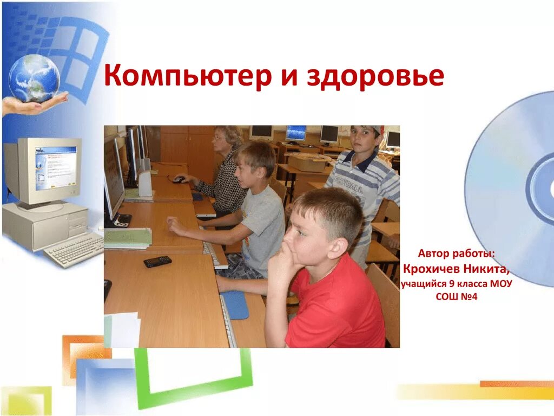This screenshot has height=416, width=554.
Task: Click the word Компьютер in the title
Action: [x=187, y=76]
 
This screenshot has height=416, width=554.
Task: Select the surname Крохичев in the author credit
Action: [x=431, y=269]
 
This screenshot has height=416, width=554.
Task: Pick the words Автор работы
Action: [x=456, y=253]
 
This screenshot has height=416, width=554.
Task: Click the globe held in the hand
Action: [x=34, y=78]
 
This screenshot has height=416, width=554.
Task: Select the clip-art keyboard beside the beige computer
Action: [x=74, y=250]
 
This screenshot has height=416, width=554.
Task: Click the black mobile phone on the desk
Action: [x=157, y=262]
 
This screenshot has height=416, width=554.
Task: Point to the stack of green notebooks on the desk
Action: [x=128, y=238]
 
